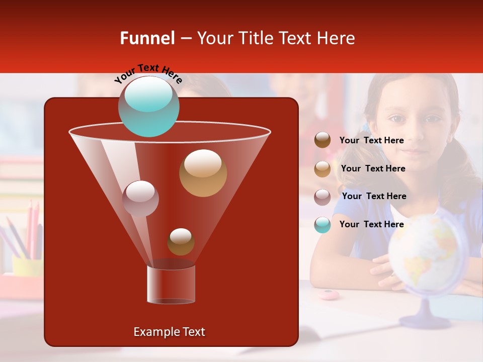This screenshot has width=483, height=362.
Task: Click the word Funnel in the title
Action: pyautogui.click(x=147, y=38)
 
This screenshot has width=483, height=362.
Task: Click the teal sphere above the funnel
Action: pyautogui.click(x=148, y=107)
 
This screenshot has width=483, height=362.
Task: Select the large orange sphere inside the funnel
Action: pyautogui.click(x=203, y=172)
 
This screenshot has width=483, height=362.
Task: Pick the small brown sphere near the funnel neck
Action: pyautogui.click(x=181, y=242)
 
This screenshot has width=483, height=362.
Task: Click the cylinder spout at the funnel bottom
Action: pyautogui.click(x=171, y=284)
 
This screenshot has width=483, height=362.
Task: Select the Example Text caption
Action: pyautogui.click(x=169, y=332)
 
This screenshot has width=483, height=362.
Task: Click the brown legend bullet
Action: pyautogui.click(x=323, y=140)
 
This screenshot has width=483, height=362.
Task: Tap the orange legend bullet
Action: pyautogui.click(x=323, y=168)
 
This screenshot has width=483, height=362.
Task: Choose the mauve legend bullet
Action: pyautogui.click(x=323, y=197)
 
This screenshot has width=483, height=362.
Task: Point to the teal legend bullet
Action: pyautogui.click(x=323, y=225)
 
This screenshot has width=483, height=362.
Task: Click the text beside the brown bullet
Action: pyautogui.click(x=371, y=141)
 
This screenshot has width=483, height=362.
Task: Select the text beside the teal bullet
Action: pyautogui.click(x=371, y=224)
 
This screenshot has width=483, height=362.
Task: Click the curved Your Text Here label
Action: pyautogui.click(x=148, y=73)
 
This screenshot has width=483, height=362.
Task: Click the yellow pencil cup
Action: pyautogui.click(x=28, y=266)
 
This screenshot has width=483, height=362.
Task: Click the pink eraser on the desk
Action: pyautogui.click(x=329, y=295)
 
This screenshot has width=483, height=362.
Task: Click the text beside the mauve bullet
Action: pyautogui.click(x=374, y=196)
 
